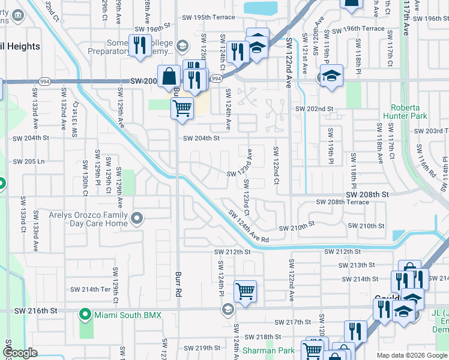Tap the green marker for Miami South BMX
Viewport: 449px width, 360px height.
86,314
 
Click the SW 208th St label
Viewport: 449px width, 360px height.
367,194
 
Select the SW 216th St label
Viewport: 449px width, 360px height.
37,310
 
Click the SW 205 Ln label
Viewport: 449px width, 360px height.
28,161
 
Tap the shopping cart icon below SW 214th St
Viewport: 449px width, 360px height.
245,292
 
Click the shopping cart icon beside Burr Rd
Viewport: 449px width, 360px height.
182,109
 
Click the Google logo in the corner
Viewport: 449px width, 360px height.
20,353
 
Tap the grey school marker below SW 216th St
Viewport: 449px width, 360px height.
227,310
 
